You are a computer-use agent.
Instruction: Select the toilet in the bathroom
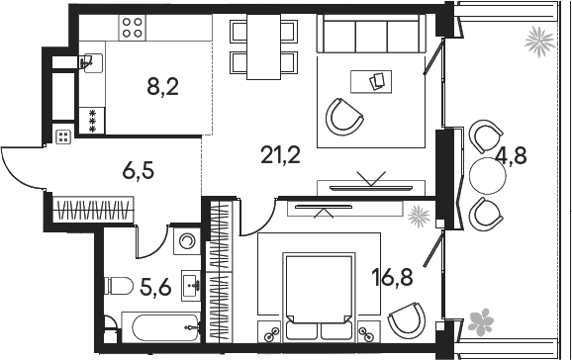coord(118,288)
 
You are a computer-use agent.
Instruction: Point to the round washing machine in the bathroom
coord(184,241)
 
